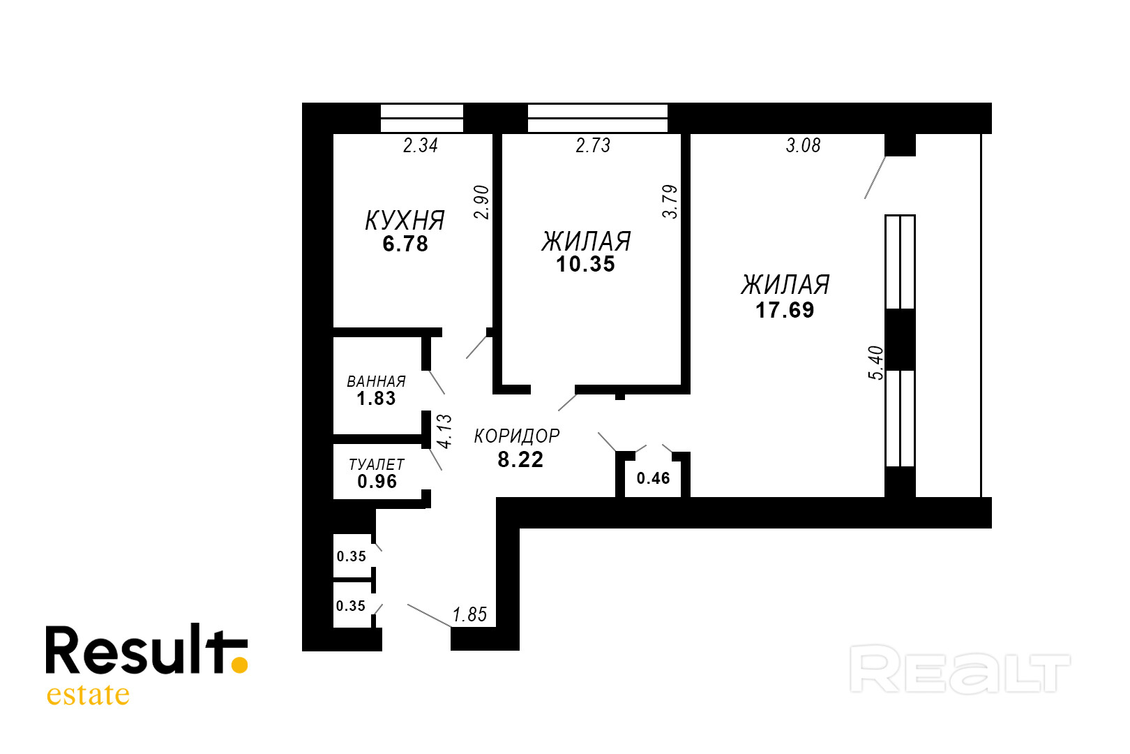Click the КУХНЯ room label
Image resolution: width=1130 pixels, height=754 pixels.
(405, 221)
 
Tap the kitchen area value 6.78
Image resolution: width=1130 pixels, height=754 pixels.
(405, 244)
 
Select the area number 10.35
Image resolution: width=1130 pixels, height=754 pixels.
(585, 265)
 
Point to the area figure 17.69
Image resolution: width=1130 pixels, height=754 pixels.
(785, 310)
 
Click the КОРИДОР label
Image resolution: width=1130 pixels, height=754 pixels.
(517, 436)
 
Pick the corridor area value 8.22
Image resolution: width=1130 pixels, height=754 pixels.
(520, 459)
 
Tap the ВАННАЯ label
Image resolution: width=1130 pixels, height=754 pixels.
(376, 382)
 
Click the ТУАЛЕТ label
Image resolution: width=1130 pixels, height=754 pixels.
(377, 465)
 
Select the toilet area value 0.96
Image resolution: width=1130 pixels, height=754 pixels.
(377, 482)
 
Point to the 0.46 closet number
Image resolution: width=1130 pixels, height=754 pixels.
(653, 478)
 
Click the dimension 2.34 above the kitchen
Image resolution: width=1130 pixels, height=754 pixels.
(421, 145)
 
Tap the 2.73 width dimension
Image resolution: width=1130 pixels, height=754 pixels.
(593, 145)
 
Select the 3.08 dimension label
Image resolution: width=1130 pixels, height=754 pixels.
(803, 145)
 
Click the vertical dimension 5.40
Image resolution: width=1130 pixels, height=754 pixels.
(875, 362)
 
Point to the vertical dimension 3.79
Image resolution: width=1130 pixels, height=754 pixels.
(670, 202)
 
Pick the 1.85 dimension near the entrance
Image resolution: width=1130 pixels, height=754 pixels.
(469, 614)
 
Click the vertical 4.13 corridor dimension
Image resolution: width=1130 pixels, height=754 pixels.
(444, 431)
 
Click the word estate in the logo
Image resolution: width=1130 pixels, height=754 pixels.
(88, 695)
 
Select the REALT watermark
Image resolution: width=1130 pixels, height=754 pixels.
(960, 670)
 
